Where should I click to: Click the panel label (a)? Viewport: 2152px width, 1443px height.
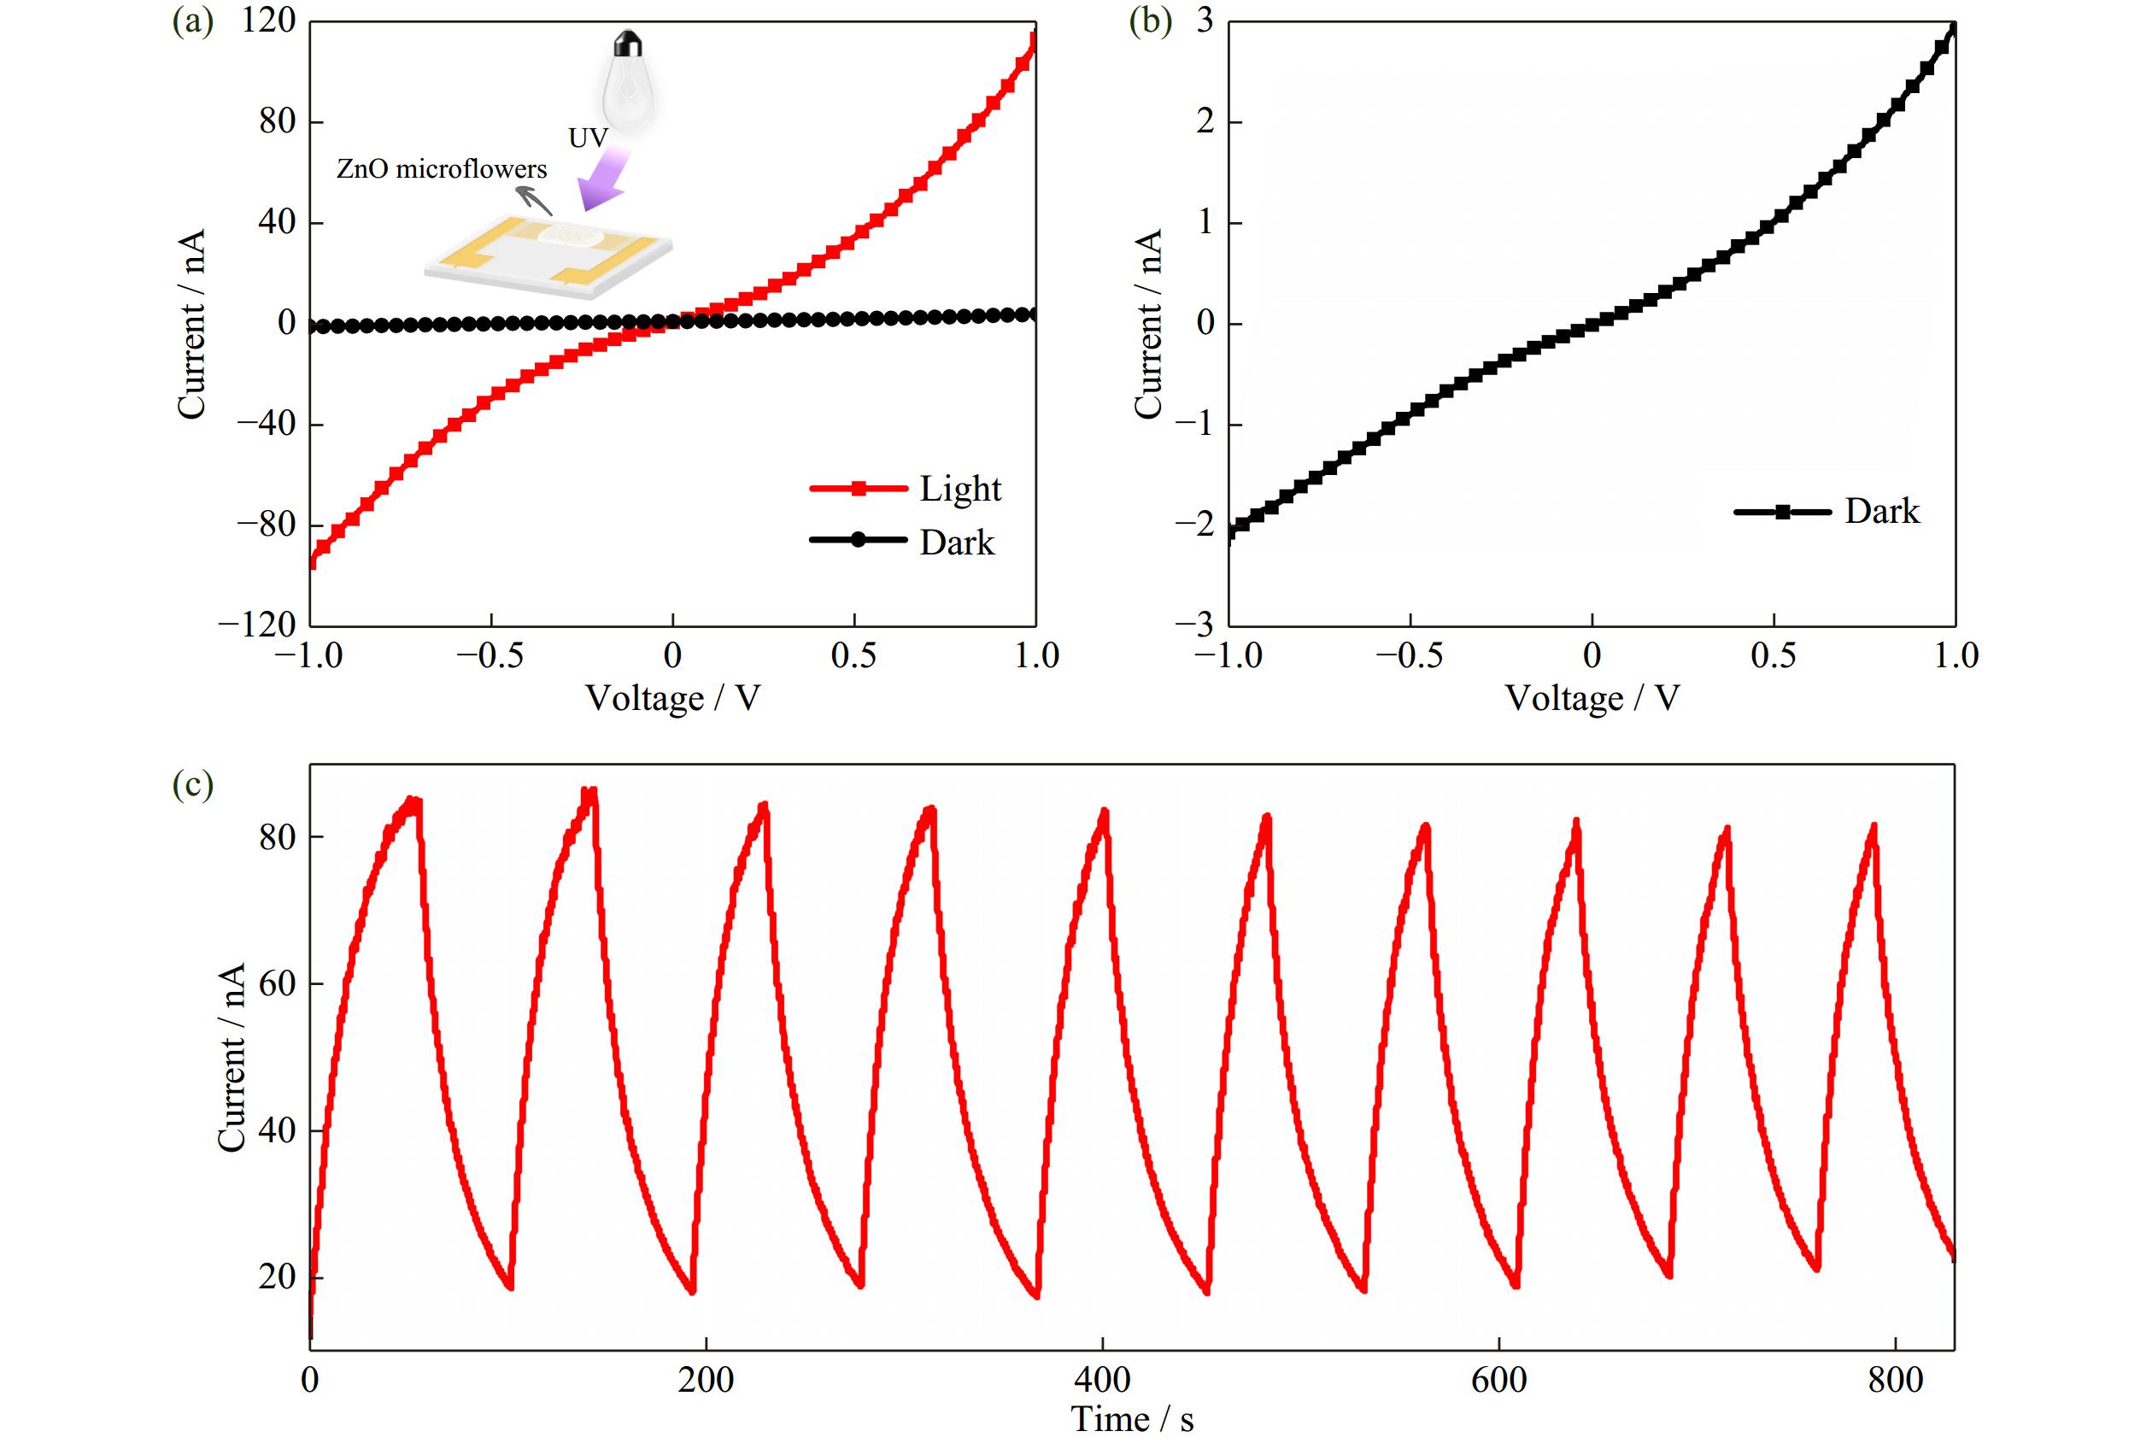click(x=192, y=21)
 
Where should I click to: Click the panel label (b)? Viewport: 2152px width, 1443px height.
click(x=1150, y=21)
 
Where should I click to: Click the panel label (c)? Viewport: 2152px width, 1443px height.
click(x=192, y=784)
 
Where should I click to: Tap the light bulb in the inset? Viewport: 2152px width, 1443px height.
click(x=629, y=83)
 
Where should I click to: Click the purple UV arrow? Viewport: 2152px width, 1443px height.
click(x=606, y=180)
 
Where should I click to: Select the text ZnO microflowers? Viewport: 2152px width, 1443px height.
click(x=442, y=169)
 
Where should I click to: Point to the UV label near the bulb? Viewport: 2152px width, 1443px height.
click(x=588, y=138)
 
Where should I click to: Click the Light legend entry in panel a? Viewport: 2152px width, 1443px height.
click(x=906, y=489)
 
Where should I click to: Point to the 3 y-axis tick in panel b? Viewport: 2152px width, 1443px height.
click(x=1205, y=21)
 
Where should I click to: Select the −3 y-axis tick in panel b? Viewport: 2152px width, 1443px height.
click(x=1194, y=625)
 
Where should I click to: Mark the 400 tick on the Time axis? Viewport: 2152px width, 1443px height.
click(x=1102, y=1381)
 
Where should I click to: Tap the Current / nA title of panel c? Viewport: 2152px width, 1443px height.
click(x=232, y=1058)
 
